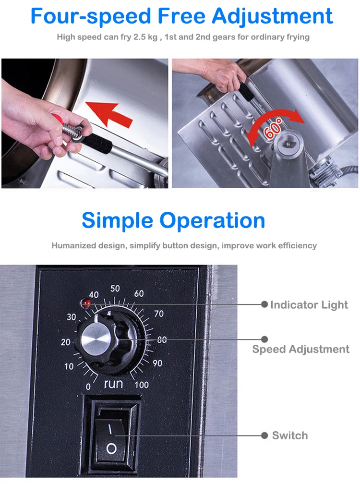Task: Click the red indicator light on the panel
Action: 87,303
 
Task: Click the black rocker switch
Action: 111,436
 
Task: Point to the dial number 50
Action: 115,289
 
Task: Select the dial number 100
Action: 142,385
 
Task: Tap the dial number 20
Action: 66,342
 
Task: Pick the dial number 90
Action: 157,363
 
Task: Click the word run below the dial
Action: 114,384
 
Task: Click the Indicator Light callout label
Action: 309,305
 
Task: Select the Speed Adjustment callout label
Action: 301,350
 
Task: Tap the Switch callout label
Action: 290,436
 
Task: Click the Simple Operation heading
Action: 173,220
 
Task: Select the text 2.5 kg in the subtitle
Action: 147,37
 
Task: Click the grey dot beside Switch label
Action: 264,436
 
